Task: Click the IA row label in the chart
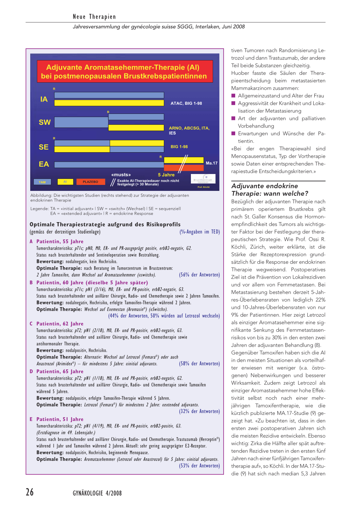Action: click(44, 99)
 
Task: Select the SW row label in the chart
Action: click(45, 122)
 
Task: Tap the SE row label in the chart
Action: click(44, 147)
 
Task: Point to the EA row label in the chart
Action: click(44, 164)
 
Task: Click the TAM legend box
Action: click(42, 182)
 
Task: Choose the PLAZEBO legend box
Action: click(90, 182)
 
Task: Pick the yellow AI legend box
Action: click(65, 182)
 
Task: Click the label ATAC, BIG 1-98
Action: click(186, 103)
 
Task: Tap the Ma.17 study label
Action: click(212, 163)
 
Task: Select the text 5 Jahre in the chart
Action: click(166, 175)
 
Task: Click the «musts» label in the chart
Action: click(121, 175)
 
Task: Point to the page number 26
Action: click(30, 492)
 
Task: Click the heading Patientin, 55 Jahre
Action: click(60, 241)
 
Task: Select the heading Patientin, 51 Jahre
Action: click(60, 419)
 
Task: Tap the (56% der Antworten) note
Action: click(199, 275)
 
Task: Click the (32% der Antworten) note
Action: click(199, 411)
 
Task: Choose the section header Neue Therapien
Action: click(94, 17)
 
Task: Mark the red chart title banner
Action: click(125, 72)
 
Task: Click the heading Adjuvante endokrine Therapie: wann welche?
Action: click(270, 190)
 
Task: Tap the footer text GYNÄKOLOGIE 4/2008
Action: click(97, 493)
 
